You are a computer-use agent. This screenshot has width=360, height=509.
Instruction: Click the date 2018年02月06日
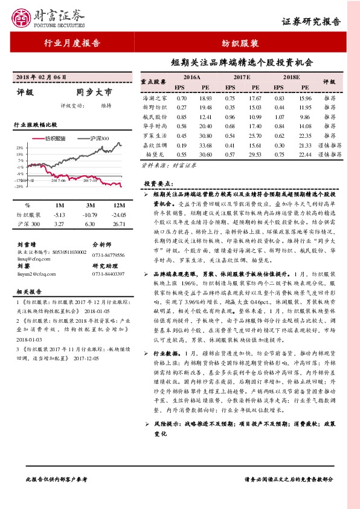pos(40,77)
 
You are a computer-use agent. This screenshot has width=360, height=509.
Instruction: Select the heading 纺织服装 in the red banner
pos(245,44)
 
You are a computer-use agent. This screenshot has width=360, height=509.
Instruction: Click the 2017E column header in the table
pos(242,78)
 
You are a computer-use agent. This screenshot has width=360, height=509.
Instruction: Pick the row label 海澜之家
pos(155,98)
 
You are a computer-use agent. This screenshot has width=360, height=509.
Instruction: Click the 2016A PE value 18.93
pos(205,98)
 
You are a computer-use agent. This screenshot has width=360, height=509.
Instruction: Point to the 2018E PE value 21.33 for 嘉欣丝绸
pos(305,145)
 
